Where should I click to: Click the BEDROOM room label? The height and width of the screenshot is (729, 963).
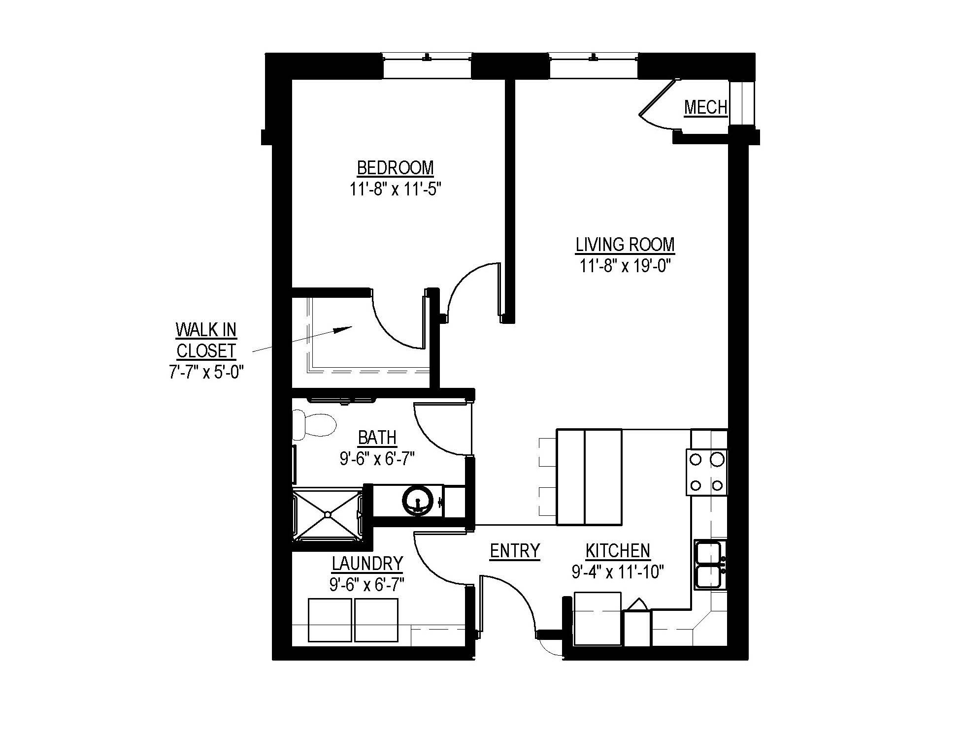[x=395, y=168]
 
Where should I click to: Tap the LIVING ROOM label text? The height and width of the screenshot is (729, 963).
[x=625, y=245]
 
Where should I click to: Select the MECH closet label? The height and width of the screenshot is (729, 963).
[x=705, y=107]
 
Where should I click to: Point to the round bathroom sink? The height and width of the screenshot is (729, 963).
[x=418, y=501]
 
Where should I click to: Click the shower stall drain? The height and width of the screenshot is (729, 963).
[x=327, y=514]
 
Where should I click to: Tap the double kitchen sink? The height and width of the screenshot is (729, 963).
[x=709, y=565]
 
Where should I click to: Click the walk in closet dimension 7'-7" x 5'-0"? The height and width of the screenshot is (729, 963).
[x=206, y=372]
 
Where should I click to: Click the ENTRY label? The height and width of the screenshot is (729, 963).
[x=515, y=551]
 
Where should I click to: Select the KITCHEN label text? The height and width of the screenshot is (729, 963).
[x=618, y=551]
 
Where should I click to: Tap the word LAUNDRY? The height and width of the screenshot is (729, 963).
[x=367, y=563]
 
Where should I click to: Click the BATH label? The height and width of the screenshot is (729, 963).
[x=377, y=437]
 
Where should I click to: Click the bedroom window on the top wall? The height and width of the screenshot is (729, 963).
[x=427, y=65]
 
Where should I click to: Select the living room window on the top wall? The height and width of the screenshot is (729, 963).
[x=594, y=65]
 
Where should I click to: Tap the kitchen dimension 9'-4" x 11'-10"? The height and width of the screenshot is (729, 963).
[x=618, y=572]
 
